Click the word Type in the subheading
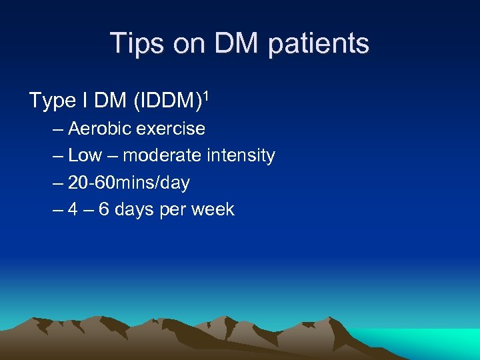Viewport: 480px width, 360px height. (x=52, y=101)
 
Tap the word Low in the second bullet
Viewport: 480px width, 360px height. (x=85, y=156)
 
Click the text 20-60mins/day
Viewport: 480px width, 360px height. (x=129, y=183)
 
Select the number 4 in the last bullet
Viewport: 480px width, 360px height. (x=73, y=210)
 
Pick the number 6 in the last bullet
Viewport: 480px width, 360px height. (x=104, y=210)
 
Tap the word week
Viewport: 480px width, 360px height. (x=212, y=210)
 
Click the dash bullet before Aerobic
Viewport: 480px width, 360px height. (x=56, y=129)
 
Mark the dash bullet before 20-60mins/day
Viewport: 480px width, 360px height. (x=56, y=183)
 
